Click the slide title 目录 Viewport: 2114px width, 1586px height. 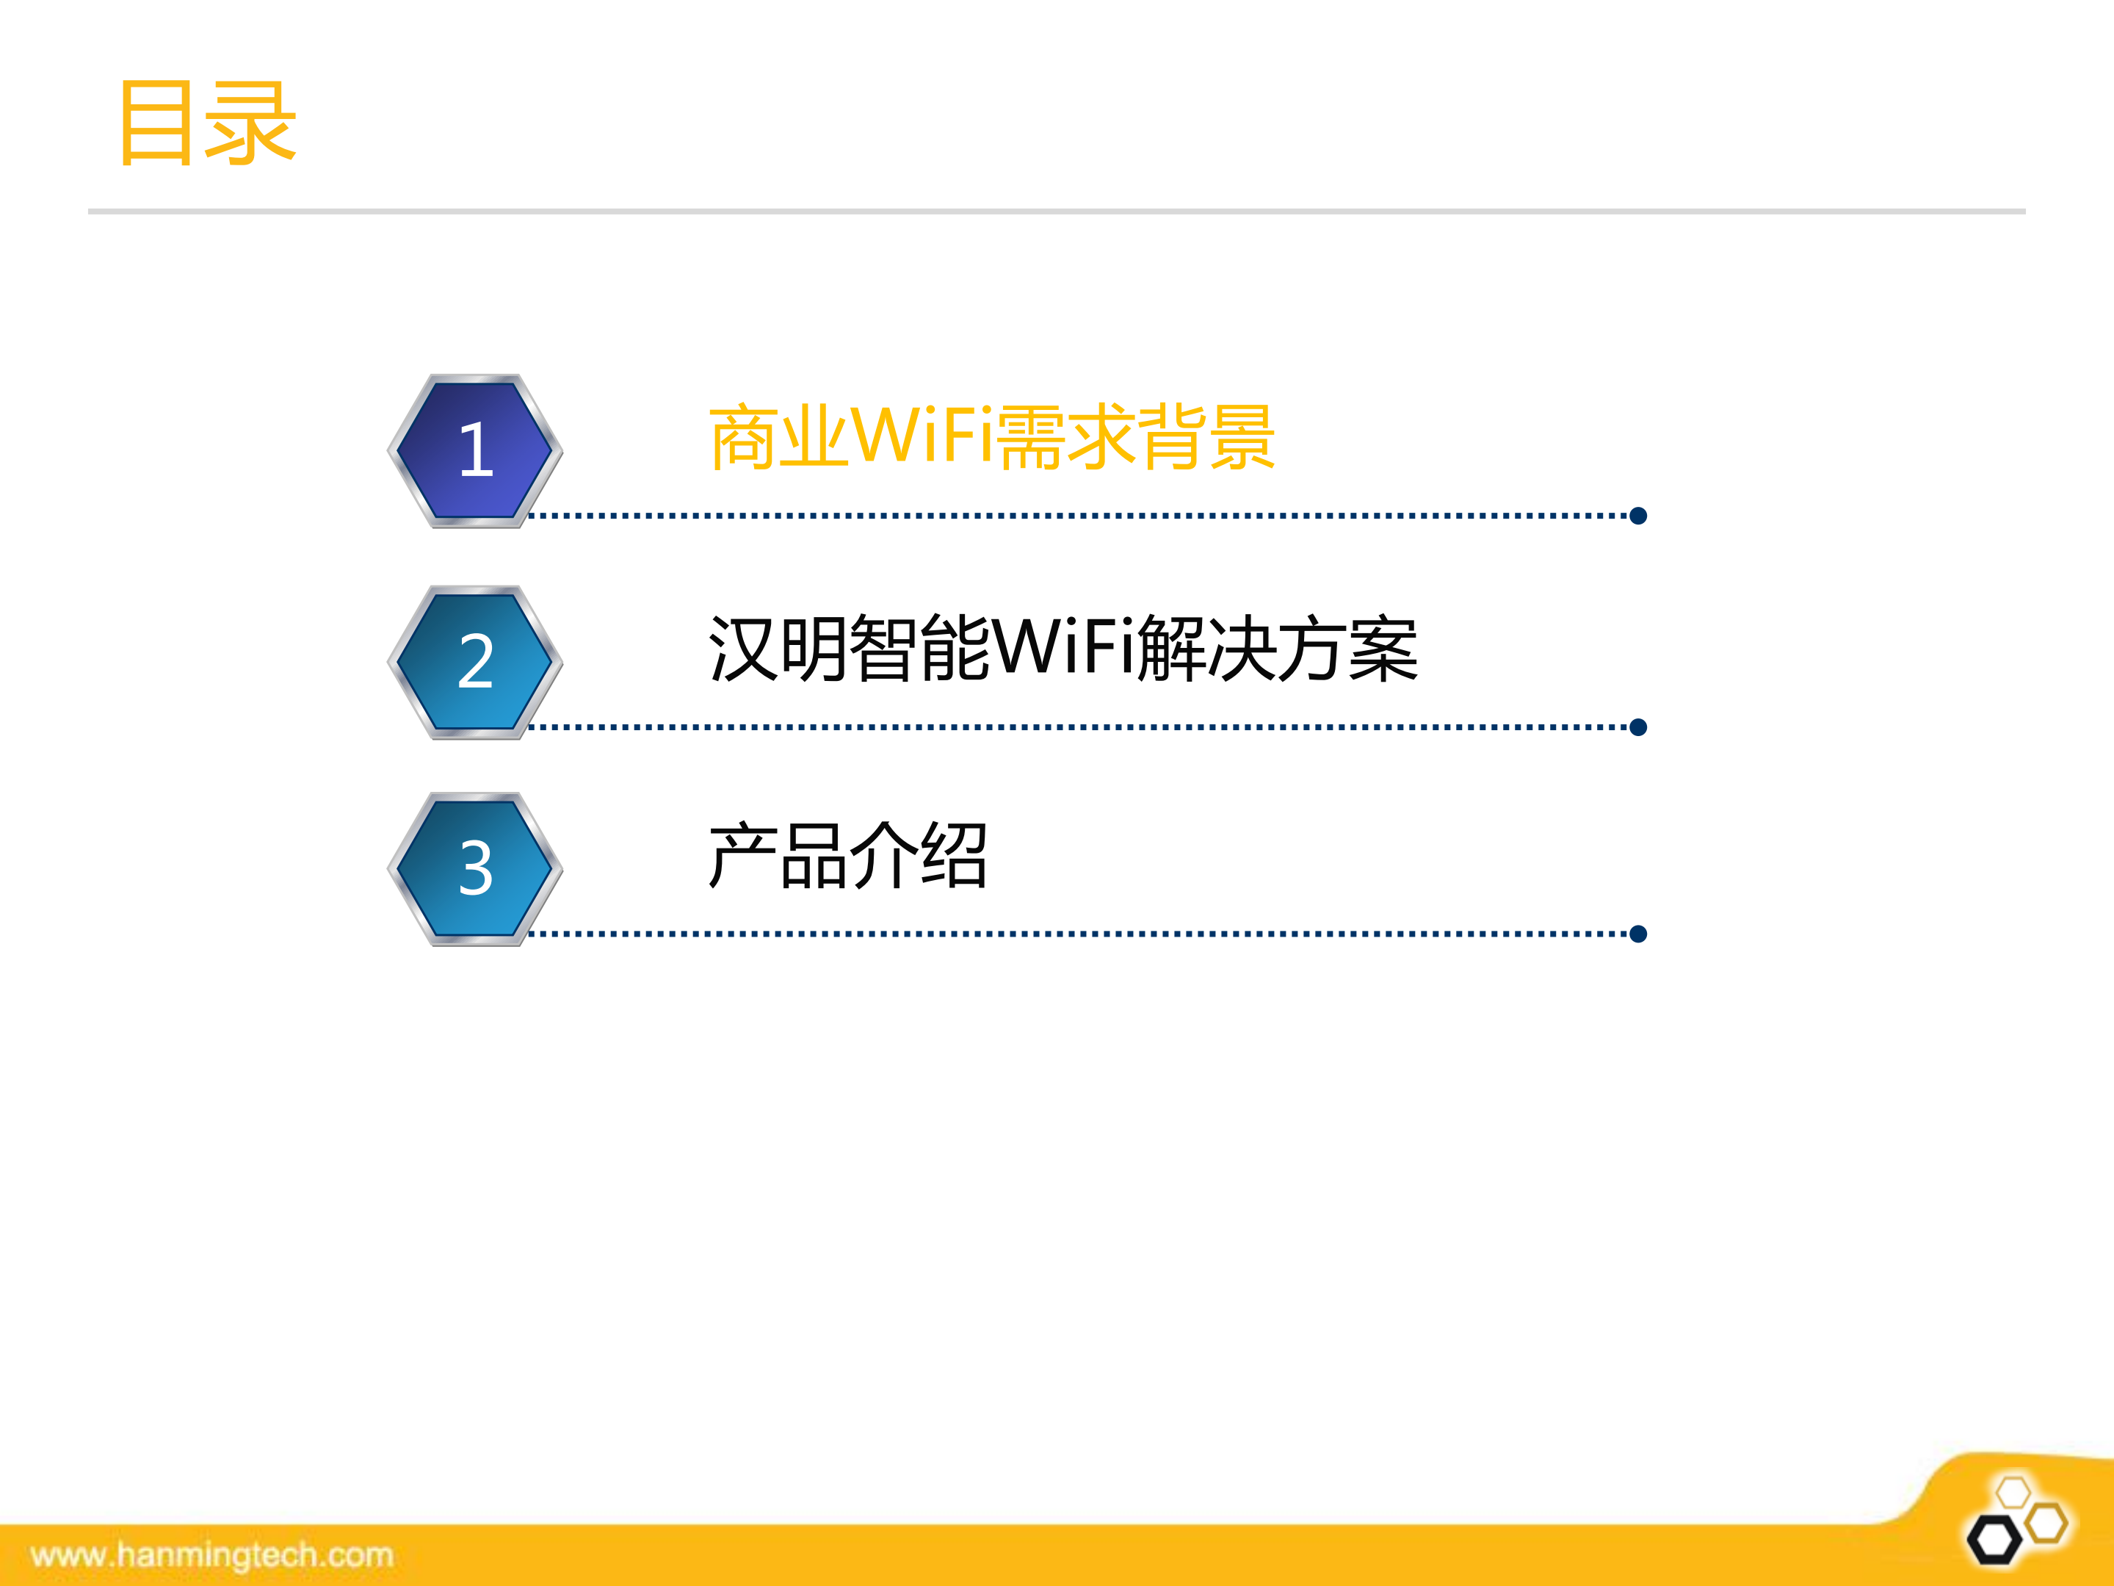point(206,123)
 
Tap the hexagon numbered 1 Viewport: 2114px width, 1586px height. point(475,450)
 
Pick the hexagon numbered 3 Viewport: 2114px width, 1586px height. point(475,868)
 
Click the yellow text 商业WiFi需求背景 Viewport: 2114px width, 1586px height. point(991,438)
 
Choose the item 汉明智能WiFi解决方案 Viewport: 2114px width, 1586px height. point(1063,649)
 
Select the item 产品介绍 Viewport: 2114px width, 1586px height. point(847,857)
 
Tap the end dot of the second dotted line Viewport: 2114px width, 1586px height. point(1638,727)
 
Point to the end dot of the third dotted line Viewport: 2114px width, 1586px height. point(1638,934)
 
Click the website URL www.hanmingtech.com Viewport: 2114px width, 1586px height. point(212,1555)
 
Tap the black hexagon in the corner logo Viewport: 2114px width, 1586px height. point(1994,1540)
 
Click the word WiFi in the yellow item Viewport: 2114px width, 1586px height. point(922,436)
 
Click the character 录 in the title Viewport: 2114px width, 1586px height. point(250,123)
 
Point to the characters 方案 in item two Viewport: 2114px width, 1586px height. point(1347,649)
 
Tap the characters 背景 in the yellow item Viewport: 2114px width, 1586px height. point(1206,438)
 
